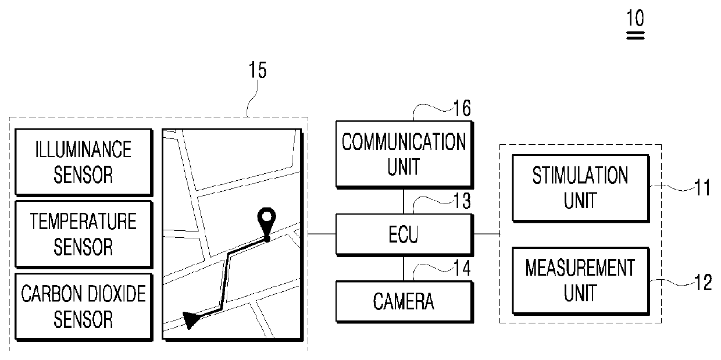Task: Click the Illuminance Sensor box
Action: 84,162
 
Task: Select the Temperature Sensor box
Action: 84,234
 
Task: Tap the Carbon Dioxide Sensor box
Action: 84,306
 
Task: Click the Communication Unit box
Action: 404,154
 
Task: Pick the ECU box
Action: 404,234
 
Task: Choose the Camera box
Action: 404,301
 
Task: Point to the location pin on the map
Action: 266,220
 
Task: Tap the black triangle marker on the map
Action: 190,319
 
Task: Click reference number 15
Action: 257,71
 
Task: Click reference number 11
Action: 703,188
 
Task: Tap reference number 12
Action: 703,283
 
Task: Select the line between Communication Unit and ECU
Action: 404,201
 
